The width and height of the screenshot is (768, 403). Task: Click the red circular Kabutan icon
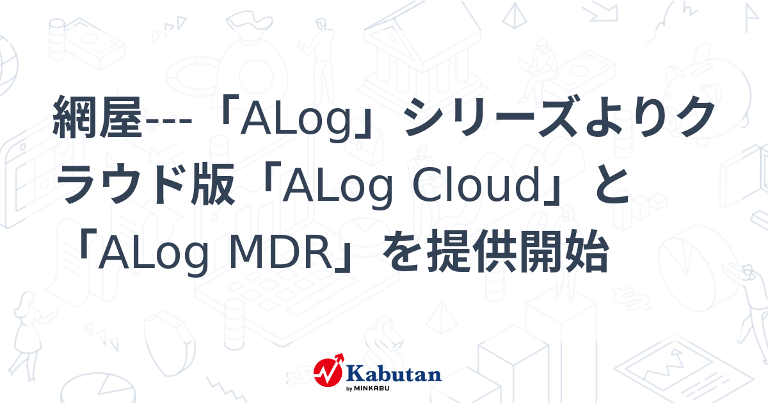pos(328,374)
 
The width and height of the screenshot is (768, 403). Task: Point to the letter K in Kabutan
pos(355,372)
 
